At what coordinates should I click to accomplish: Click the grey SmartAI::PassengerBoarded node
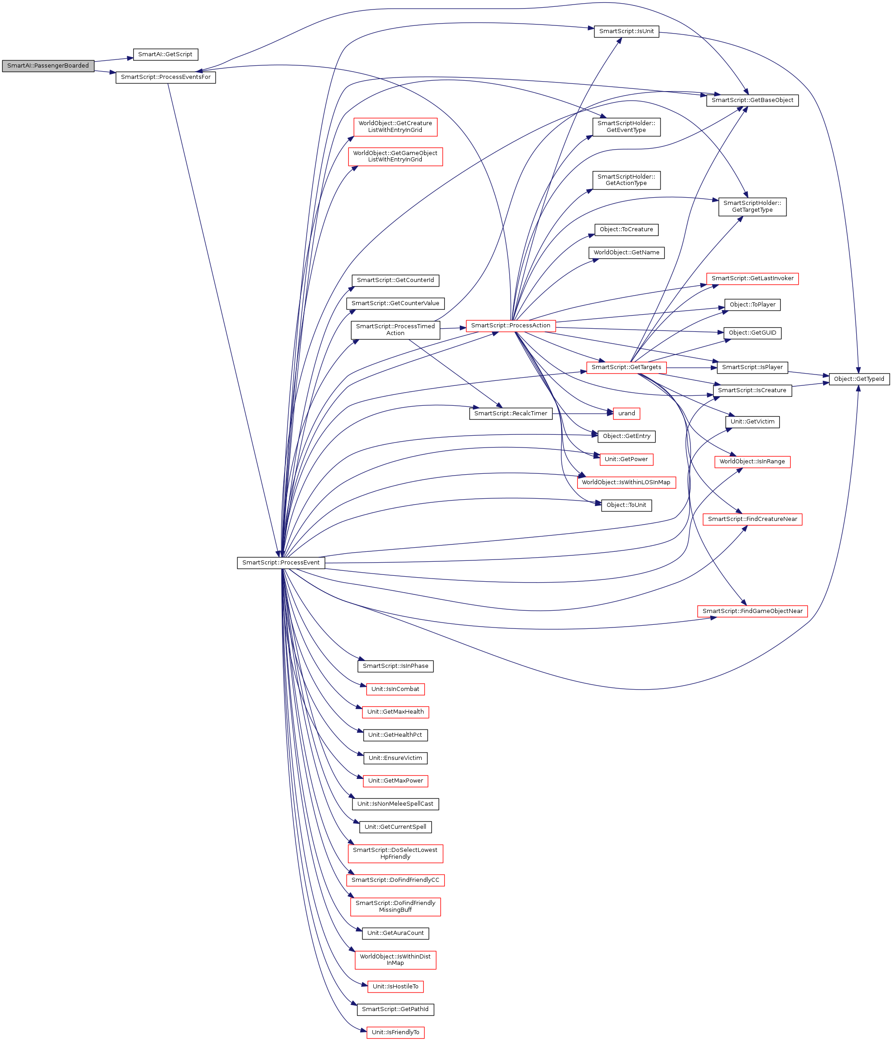(x=48, y=66)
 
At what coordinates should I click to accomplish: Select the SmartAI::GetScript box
(x=165, y=54)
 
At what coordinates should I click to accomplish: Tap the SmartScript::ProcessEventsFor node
(x=166, y=78)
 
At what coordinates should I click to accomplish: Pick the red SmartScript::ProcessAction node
(x=511, y=326)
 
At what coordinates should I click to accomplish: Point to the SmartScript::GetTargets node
(x=626, y=367)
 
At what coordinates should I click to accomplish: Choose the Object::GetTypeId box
(x=859, y=379)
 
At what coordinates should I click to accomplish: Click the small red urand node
(x=626, y=413)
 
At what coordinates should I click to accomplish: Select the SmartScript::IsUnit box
(x=626, y=31)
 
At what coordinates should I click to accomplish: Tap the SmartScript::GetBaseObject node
(x=752, y=100)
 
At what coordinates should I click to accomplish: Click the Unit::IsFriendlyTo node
(x=395, y=1032)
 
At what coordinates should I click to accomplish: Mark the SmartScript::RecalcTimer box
(x=511, y=413)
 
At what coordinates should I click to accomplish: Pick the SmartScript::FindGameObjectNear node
(x=752, y=611)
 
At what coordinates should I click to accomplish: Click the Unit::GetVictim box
(x=752, y=422)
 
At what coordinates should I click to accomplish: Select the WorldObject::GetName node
(x=626, y=252)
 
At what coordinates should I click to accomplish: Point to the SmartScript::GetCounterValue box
(x=395, y=303)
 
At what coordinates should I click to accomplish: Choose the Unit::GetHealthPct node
(x=395, y=735)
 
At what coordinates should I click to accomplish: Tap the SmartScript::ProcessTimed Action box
(x=395, y=330)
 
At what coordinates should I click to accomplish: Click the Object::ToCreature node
(x=626, y=229)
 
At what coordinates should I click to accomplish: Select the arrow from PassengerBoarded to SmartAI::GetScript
(x=113, y=60)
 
